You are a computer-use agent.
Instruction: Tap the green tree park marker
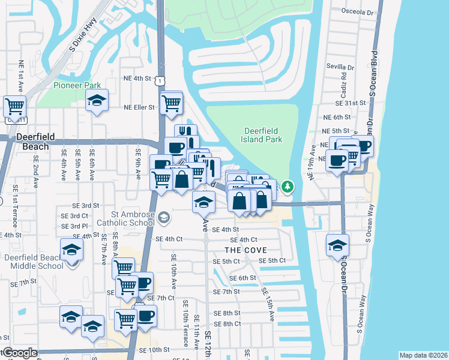(288, 187)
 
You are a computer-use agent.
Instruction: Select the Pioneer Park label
(77, 85)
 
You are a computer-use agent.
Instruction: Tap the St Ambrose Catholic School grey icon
(164, 217)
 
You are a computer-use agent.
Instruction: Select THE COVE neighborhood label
(245, 250)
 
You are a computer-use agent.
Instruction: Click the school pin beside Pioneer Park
(97, 101)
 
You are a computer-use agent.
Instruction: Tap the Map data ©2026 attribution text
(423, 355)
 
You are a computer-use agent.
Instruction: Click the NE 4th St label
(136, 78)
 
